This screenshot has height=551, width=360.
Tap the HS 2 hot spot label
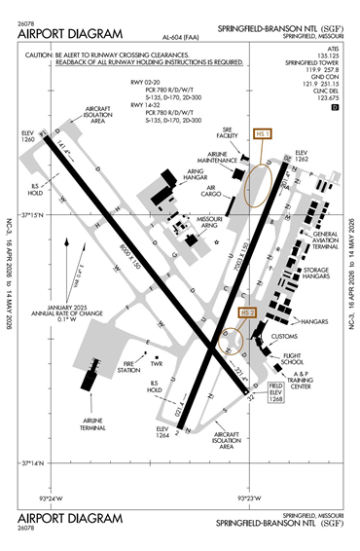click(x=247, y=312)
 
